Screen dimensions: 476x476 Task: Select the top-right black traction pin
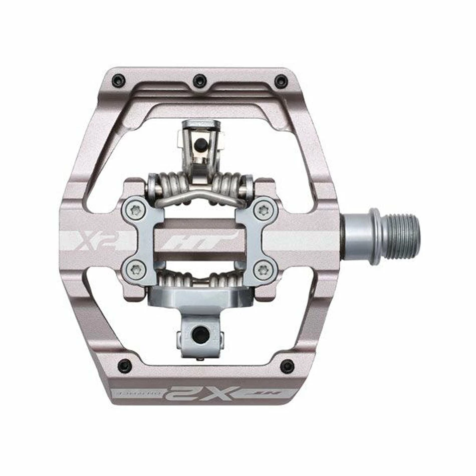pyautogui.click(x=282, y=80)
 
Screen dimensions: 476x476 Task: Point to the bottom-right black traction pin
pyautogui.click(x=287, y=366)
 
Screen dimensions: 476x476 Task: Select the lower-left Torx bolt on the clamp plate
pyautogui.click(x=134, y=269)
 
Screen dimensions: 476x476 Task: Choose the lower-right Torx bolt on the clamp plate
pyautogui.click(x=260, y=269)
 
